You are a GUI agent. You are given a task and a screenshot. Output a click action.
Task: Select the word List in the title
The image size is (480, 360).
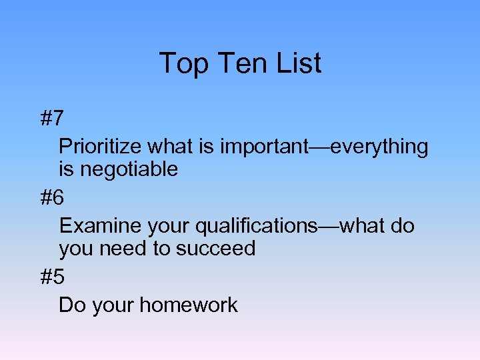point(298,63)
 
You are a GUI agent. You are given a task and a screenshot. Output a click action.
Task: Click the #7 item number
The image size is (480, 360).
point(52,119)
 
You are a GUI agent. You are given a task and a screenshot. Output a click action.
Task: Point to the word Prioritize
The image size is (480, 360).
point(101,147)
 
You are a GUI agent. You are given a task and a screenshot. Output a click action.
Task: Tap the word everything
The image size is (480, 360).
point(379,147)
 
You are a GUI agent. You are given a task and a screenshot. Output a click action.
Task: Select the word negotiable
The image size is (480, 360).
point(128,169)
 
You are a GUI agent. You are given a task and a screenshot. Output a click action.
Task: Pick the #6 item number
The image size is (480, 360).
point(52,198)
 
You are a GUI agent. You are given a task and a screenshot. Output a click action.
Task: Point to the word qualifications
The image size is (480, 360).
point(257,226)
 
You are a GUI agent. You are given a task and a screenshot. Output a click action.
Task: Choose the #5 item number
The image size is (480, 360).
point(52,277)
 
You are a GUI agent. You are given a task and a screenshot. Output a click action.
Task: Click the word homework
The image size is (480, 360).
point(188,305)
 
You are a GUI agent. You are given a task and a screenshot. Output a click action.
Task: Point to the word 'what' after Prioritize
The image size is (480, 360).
point(167,147)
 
